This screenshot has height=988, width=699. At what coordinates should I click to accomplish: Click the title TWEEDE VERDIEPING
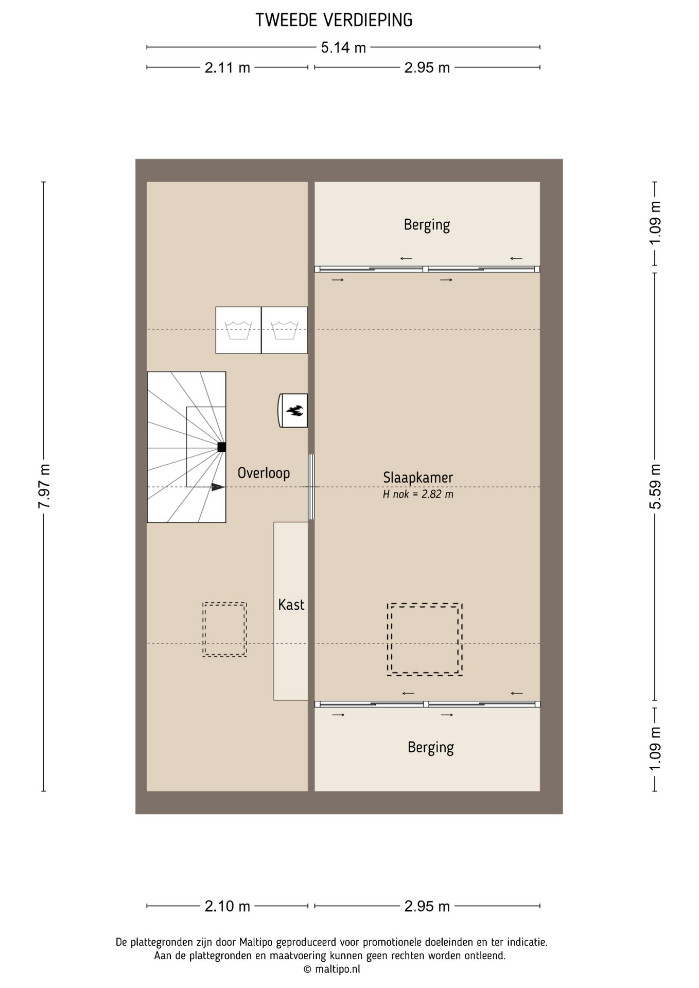334,20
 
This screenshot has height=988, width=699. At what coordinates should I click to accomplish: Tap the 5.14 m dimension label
343,48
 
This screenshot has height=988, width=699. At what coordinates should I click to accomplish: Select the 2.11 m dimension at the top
227,67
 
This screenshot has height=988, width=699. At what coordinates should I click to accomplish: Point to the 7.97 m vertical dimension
44,486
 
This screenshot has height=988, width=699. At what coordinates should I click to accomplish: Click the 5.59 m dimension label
655,486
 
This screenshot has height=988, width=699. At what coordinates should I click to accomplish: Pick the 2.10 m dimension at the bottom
227,906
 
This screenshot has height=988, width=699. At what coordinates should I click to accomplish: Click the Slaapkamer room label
418,478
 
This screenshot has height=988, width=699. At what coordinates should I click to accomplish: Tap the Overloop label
264,473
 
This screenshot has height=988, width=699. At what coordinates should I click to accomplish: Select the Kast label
291,605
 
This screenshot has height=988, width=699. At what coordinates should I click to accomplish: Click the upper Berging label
427,225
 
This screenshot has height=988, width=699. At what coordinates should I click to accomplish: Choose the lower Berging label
431,748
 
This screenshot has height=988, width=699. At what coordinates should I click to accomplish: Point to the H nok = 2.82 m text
418,495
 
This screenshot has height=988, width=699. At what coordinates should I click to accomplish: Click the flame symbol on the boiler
295,411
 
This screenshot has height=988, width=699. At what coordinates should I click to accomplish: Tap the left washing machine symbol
238,330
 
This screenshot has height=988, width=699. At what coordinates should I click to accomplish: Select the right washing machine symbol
285,330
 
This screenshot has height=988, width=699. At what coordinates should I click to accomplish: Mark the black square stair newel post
221,447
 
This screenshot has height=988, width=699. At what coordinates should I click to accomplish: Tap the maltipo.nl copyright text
331,969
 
